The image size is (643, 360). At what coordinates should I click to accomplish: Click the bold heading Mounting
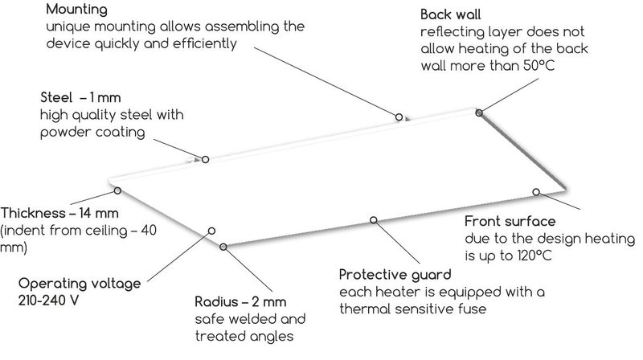(x=76, y=10)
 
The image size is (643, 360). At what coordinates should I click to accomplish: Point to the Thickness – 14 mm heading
(x=60, y=214)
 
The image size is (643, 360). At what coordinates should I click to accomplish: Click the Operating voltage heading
(x=80, y=284)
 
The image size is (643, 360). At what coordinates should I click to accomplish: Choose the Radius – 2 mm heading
(x=241, y=303)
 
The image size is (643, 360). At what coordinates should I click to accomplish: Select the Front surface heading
(x=510, y=222)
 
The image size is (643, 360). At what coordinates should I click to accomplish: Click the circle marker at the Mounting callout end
(x=399, y=117)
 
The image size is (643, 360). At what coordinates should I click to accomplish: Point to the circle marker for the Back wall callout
(x=480, y=113)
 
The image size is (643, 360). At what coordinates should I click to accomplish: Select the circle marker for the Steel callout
(x=205, y=159)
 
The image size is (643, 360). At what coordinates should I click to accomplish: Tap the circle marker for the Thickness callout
(x=117, y=190)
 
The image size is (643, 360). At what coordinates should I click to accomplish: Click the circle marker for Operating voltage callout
(x=211, y=230)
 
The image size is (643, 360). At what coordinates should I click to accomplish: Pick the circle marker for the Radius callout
(x=223, y=246)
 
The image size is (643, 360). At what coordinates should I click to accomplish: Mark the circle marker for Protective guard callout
(x=372, y=219)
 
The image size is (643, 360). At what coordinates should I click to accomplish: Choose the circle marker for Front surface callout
(x=536, y=191)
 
